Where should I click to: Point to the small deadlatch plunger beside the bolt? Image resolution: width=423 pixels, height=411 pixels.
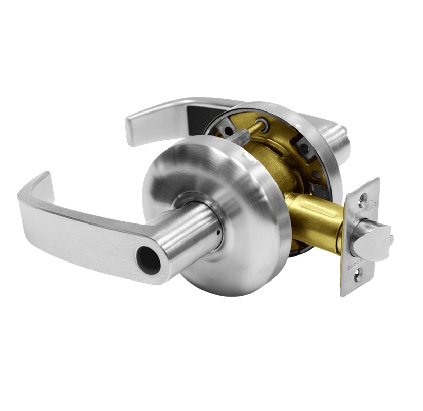tap(390, 239)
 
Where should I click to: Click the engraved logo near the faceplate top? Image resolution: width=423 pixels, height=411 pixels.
tap(372, 206)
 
